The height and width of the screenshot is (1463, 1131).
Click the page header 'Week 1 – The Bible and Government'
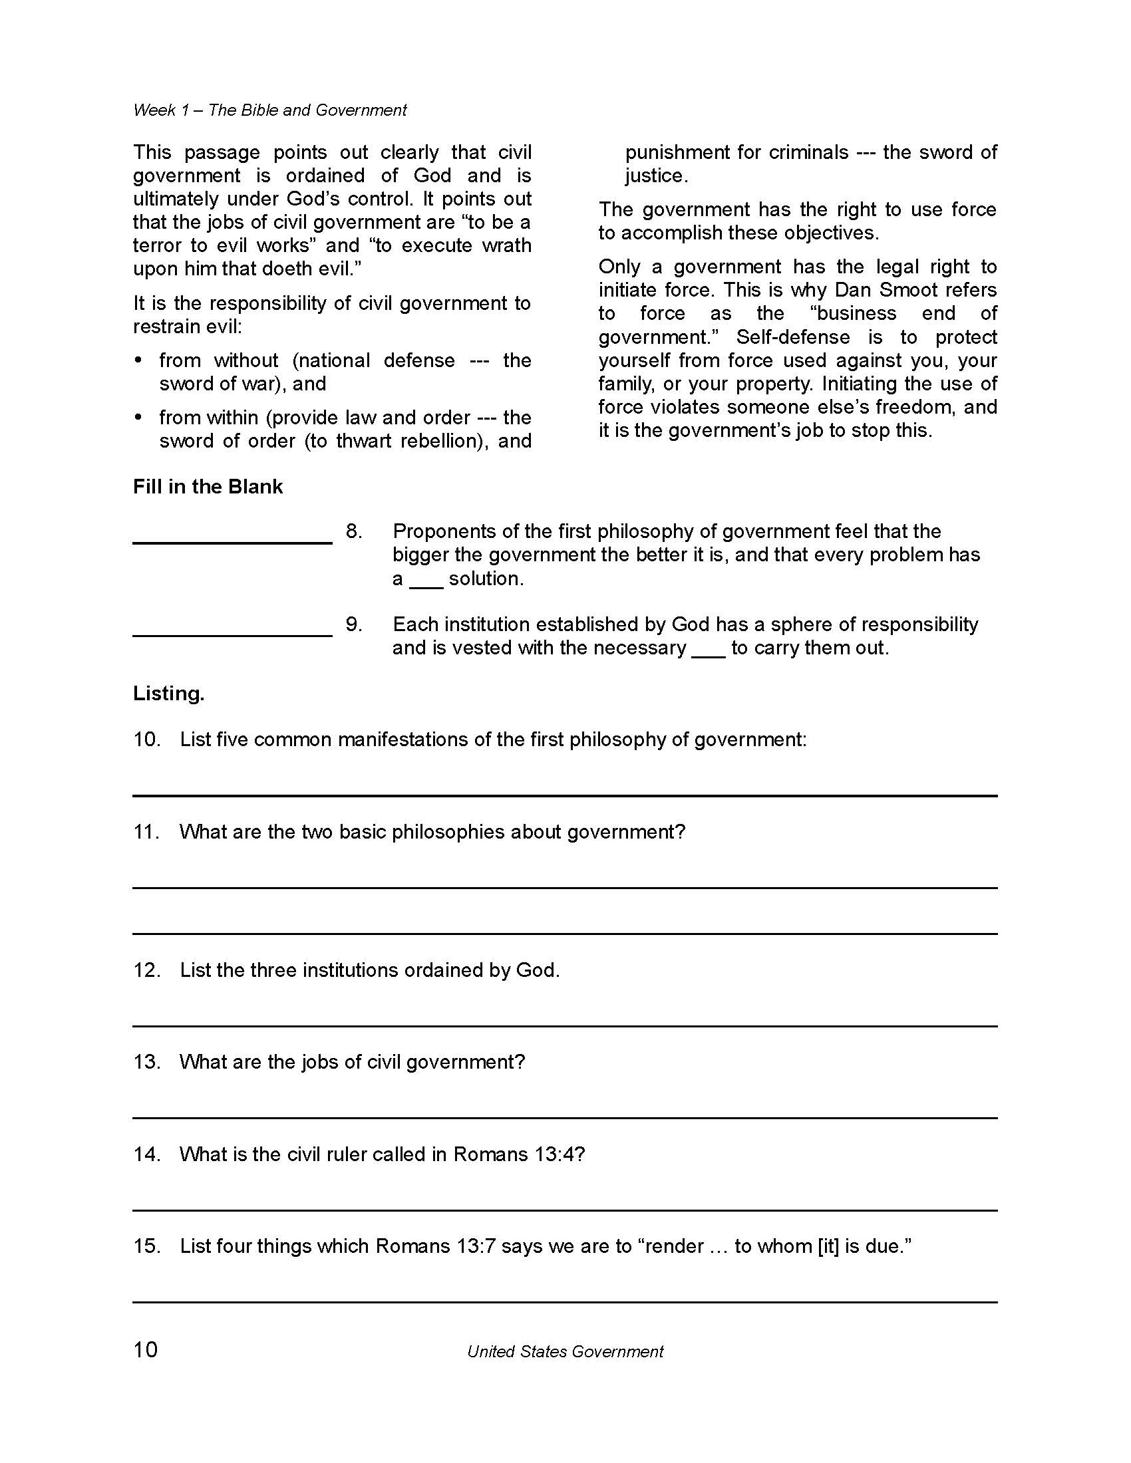269,110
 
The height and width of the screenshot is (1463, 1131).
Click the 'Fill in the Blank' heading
208,486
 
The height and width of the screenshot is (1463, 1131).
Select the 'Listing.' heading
169,694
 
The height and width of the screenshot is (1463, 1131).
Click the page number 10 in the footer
146,1349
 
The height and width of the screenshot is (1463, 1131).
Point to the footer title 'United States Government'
565,1352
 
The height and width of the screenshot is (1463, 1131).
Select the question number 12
147,970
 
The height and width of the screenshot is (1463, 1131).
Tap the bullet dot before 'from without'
138,361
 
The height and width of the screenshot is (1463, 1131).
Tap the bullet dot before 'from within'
138,418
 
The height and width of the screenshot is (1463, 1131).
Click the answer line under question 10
565,795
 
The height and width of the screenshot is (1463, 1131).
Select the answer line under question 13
565,1117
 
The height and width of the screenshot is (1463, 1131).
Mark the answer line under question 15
565,1301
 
